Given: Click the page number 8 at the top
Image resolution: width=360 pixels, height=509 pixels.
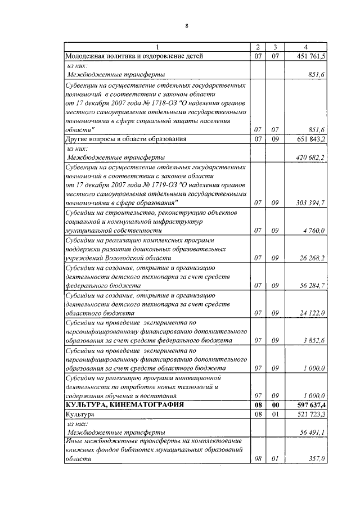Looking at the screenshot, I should pyautogui.click(x=186, y=26).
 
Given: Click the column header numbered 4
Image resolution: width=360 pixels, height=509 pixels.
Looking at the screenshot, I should pyautogui.click(x=305, y=47).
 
